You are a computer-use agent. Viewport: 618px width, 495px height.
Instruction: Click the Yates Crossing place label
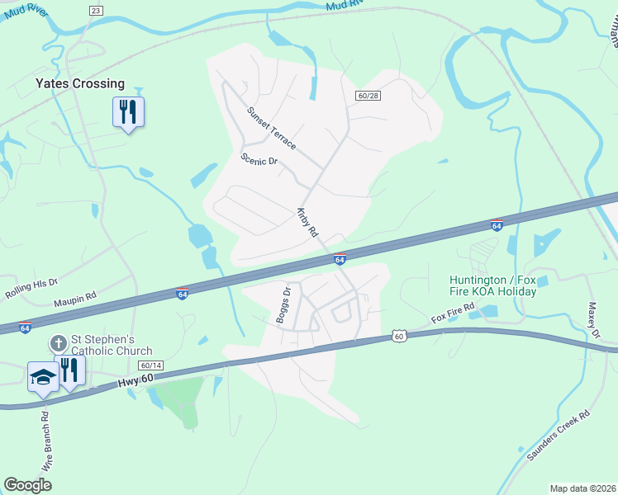tap(80, 83)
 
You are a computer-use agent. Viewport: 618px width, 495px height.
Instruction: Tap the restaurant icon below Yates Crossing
tap(128, 111)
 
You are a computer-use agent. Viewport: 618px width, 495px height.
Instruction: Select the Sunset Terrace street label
tap(271, 128)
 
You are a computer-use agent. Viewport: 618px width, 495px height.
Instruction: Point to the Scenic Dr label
tap(259, 159)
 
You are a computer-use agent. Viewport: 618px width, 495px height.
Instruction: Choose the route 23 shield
tap(97, 10)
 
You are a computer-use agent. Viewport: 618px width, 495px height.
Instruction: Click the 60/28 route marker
tap(368, 97)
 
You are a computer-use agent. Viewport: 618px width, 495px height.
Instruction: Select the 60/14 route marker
tap(151, 365)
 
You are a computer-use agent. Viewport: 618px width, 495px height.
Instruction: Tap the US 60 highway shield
tap(399, 336)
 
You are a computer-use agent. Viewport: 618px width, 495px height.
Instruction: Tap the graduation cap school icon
tap(43, 376)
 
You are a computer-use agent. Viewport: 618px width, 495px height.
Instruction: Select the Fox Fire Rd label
tap(453, 313)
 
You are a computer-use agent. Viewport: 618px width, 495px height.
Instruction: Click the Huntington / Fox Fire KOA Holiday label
tap(493, 285)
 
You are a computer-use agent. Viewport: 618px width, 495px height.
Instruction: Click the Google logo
tap(27, 484)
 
